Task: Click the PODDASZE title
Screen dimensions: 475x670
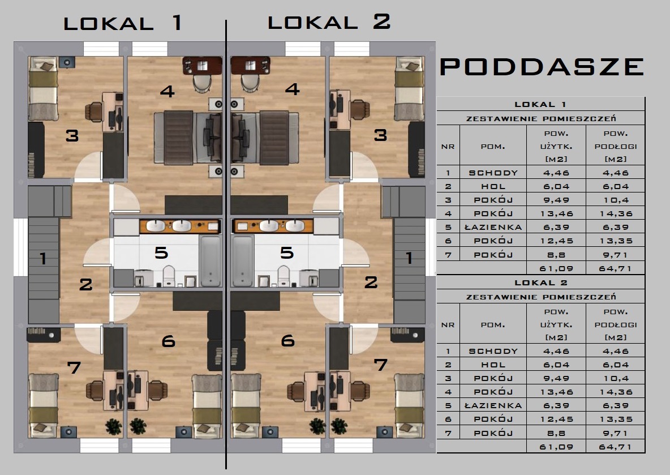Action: click(x=542, y=67)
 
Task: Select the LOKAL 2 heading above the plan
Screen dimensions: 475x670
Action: click(x=329, y=22)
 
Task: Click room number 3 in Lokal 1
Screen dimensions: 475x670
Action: click(x=72, y=135)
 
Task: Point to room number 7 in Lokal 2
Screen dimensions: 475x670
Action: click(x=381, y=365)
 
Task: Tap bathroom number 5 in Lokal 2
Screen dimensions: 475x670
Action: click(x=287, y=253)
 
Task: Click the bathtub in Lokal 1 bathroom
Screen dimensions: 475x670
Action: click(x=210, y=260)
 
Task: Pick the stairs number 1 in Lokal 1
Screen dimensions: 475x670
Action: click(x=42, y=259)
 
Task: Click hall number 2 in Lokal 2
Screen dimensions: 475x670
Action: click(x=371, y=282)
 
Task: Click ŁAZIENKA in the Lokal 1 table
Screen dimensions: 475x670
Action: click(x=493, y=227)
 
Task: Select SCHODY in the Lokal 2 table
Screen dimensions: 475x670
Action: click(x=493, y=351)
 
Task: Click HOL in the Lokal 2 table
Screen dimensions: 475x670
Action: click(x=493, y=365)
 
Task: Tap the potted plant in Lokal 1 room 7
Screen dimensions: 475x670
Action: click(x=114, y=426)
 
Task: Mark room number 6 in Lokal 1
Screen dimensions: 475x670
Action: click(x=168, y=341)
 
